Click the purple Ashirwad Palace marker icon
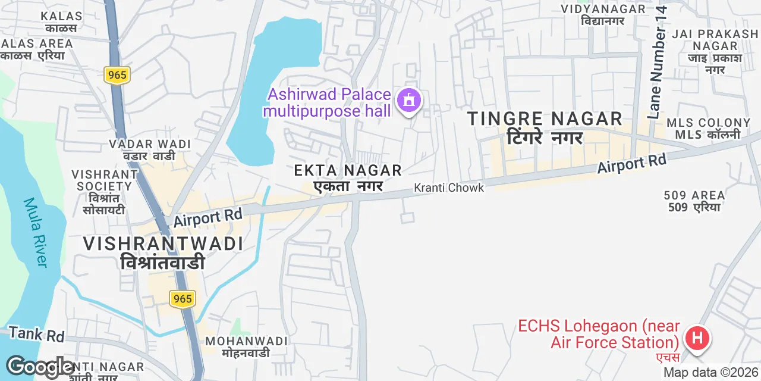point(408,101)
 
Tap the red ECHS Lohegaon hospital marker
point(697,339)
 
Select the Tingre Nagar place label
point(545,127)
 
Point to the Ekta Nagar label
point(348,178)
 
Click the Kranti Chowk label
point(449,188)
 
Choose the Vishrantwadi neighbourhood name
point(163,252)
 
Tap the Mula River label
point(35,232)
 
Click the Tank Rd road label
point(36,335)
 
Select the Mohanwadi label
point(246,346)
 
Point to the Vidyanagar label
point(603,14)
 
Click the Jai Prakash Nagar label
point(715,52)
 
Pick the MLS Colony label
point(708,128)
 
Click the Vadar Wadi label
point(149,149)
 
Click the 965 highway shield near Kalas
point(117,75)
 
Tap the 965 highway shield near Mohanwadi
point(183,298)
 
